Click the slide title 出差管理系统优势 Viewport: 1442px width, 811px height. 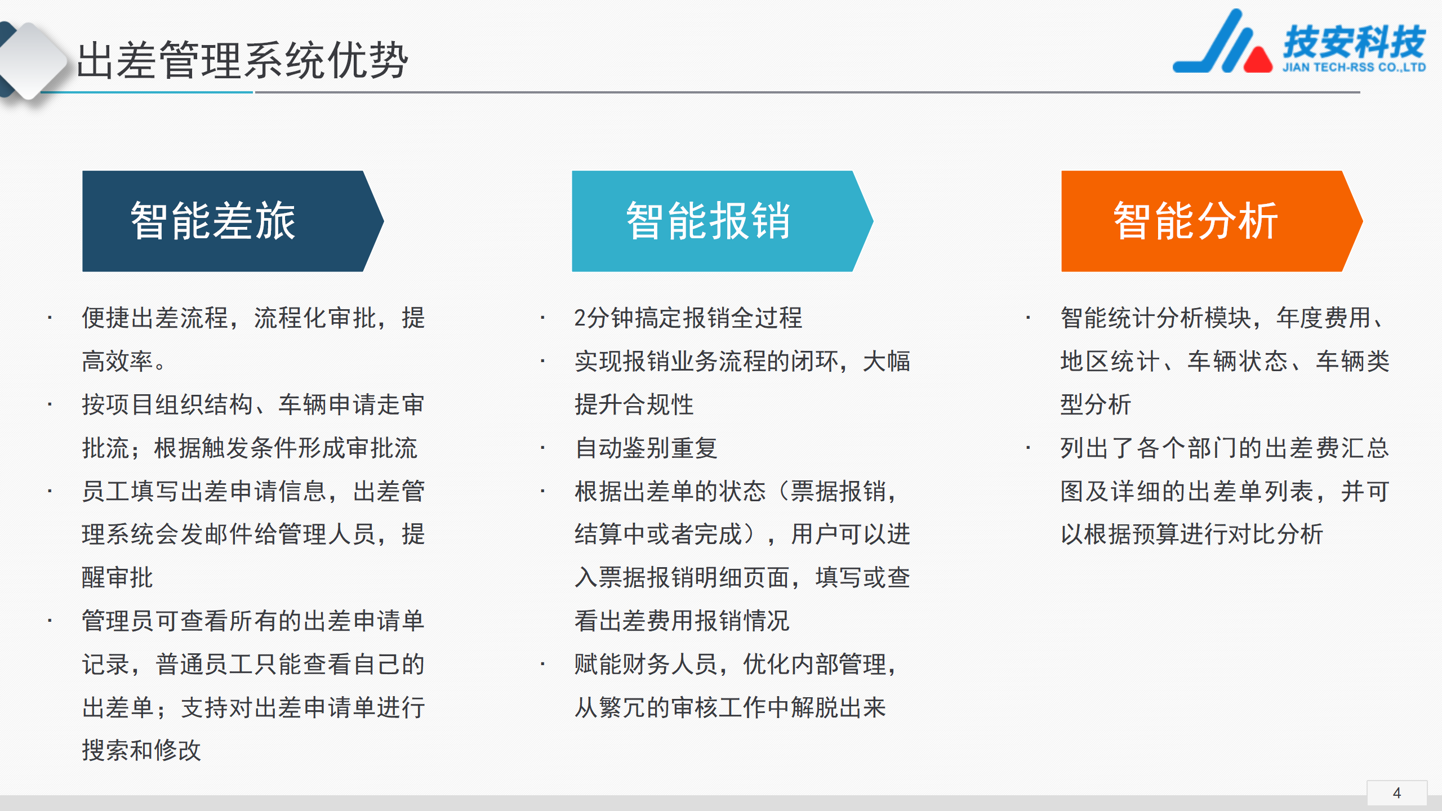click(242, 60)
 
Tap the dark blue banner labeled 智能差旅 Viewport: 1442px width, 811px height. click(233, 221)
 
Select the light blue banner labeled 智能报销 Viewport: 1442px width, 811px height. click(722, 221)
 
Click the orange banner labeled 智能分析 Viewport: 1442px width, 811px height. click(1212, 221)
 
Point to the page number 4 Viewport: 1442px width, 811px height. click(1397, 793)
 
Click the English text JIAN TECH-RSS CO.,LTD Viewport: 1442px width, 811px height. click(1354, 67)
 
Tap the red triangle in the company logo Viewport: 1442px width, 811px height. click(1258, 59)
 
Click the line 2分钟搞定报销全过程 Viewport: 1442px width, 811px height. click(688, 318)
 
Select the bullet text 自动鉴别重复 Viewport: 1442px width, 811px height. click(646, 448)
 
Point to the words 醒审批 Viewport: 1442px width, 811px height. click(117, 578)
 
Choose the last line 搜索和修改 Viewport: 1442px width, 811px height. click(141, 751)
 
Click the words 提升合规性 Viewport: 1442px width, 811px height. click(634, 405)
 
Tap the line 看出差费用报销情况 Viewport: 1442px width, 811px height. click(682, 621)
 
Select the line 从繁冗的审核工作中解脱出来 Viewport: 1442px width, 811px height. click(730, 708)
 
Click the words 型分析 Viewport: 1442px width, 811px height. click(1096, 405)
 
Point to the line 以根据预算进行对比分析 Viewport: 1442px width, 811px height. click(1192, 534)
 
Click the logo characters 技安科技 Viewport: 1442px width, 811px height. click(1354, 42)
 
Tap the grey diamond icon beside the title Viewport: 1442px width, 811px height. click(33, 60)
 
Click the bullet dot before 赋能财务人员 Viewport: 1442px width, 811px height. click(542, 665)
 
